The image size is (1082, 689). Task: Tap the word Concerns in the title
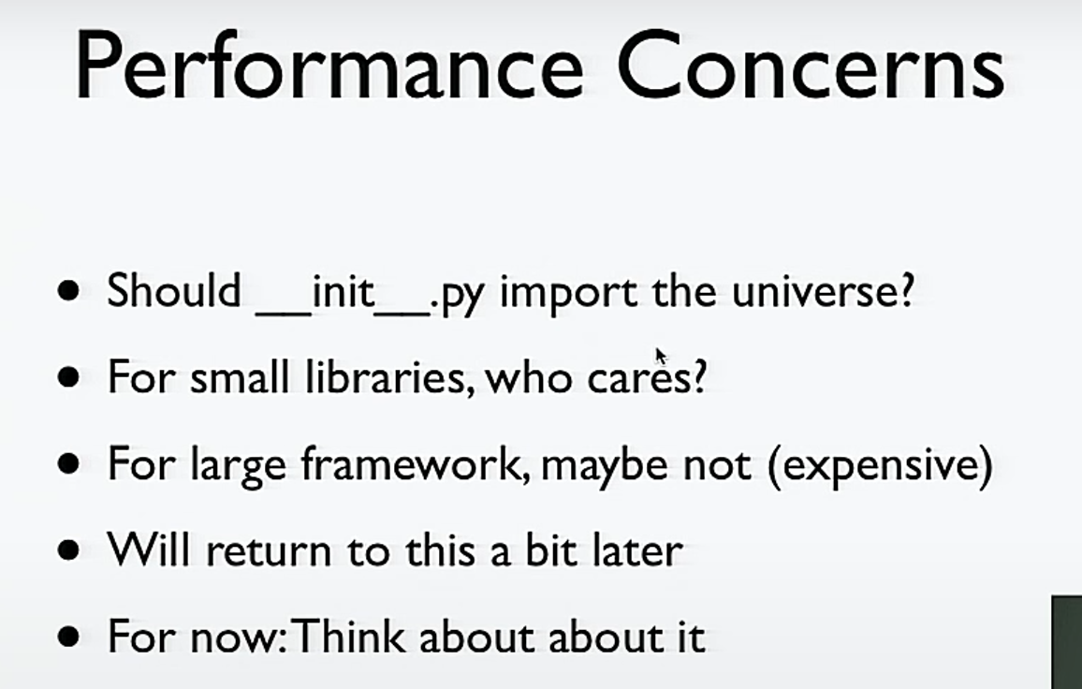[811, 65]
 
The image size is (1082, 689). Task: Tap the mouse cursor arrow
[661, 357]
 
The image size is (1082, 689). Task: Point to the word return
[270, 551]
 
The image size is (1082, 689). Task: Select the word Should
[174, 290]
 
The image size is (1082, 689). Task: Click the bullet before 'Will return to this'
[68, 551]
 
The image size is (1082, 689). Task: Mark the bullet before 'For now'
[68, 637]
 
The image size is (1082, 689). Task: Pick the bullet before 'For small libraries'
[68, 377]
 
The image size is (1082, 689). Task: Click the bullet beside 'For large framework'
[68, 464]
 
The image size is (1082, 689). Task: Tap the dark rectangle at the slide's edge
[1067, 642]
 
